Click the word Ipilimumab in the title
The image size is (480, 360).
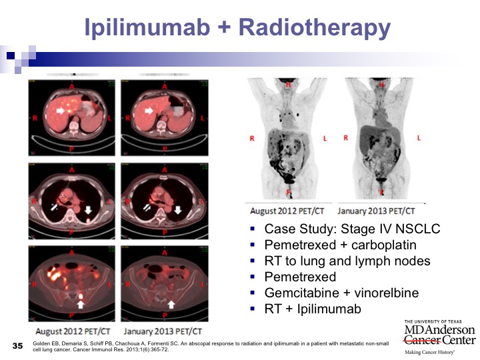click(147, 27)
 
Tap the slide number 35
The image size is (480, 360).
click(18, 346)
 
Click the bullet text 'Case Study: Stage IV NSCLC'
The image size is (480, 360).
click(352, 229)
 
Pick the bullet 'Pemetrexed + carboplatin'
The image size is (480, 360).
click(341, 245)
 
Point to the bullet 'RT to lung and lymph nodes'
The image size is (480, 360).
click(347, 261)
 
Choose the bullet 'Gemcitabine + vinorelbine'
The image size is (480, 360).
click(341, 293)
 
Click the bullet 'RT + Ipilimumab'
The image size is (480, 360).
click(313, 309)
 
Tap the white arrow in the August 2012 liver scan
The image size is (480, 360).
click(60, 111)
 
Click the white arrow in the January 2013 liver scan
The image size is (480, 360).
click(149, 111)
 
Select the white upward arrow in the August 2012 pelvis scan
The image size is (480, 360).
click(81, 304)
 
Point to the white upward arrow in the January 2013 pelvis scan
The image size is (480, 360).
click(171, 304)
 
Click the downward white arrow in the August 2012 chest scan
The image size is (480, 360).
click(88, 210)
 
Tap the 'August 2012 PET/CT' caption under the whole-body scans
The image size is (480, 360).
click(287, 211)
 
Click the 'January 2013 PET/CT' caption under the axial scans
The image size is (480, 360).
click(163, 331)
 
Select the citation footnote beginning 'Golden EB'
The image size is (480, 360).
click(211, 346)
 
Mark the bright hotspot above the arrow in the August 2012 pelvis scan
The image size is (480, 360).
click(81, 296)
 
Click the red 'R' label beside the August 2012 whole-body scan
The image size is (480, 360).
click(252, 139)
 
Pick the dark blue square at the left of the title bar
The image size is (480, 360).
click(11, 55)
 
